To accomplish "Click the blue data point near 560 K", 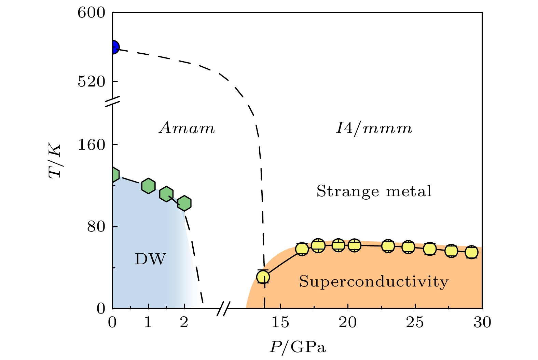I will tap(113, 47).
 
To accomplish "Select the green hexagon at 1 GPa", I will tap(148, 186).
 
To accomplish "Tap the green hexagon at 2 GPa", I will tap(184, 203).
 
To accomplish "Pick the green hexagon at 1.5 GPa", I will tap(166, 194).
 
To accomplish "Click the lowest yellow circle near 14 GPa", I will tap(263, 277).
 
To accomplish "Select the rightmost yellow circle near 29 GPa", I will tap(472, 252).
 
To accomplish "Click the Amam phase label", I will tap(187, 129).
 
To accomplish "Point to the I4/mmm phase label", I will tap(374, 129).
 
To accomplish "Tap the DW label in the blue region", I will tap(150, 259).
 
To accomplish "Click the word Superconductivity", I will tap(374, 282).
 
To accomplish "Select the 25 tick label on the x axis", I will tap(415, 322).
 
